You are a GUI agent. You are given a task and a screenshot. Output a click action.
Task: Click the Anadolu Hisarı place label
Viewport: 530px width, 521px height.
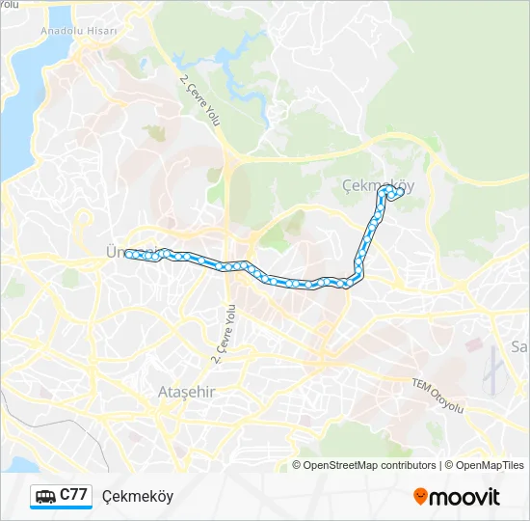[79, 31]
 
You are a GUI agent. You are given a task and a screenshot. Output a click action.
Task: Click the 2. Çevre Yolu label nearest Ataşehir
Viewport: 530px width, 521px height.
[224, 334]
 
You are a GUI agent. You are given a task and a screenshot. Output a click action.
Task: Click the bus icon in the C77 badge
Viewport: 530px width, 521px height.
[45, 497]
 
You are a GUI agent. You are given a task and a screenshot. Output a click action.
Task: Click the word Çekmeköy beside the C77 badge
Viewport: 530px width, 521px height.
[137, 497]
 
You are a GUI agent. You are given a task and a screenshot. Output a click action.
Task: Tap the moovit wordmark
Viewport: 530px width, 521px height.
[464, 498]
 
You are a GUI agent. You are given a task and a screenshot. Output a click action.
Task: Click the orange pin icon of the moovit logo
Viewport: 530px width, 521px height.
[420, 497]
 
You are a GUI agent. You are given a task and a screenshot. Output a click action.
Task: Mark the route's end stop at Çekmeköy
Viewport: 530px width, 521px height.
[399, 191]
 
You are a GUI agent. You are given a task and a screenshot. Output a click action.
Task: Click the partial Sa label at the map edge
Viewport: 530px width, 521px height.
[519, 346]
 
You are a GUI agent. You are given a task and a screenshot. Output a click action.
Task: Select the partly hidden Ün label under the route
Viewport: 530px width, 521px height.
[112, 252]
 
